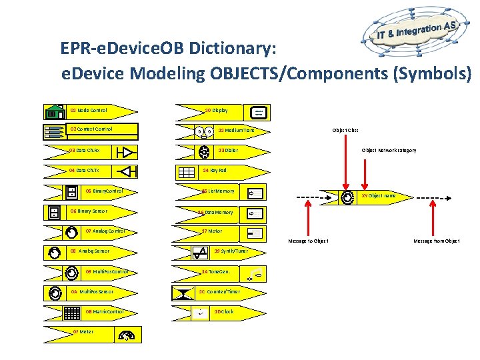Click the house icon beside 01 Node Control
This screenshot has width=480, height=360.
[x=53, y=111]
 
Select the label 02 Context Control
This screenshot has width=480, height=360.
[x=91, y=129]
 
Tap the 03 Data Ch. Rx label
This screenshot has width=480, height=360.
[x=84, y=151]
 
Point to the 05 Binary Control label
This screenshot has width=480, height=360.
[x=105, y=191]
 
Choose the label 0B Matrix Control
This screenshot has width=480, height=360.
[x=105, y=311]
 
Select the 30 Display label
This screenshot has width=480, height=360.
[x=216, y=110]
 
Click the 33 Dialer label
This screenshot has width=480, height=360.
[x=228, y=151]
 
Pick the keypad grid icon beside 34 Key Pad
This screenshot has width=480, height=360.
[x=185, y=171]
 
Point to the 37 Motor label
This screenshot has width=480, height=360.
[x=212, y=231]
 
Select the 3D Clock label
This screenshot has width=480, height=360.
[x=223, y=311]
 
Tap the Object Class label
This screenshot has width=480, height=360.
[x=346, y=130]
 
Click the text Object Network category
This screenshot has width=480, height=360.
[x=389, y=151]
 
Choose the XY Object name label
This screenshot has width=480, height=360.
[x=379, y=196]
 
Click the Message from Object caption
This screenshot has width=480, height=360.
[x=437, y=241]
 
